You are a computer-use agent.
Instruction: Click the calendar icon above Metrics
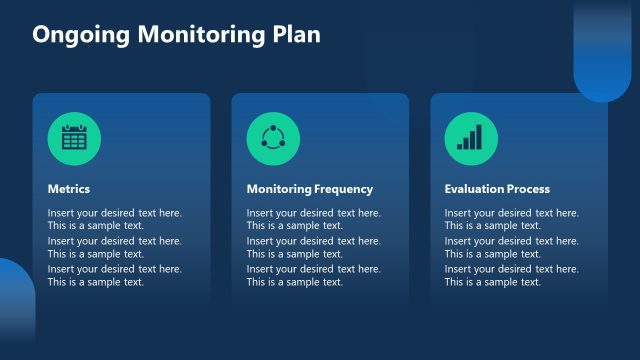[74, 138]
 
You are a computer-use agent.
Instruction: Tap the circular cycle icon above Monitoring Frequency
[273, 138]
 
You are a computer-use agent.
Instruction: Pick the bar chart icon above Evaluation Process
[470, 138]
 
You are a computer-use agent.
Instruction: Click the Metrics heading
[69, 189]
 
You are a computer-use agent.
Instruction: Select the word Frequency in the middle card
[344, 189]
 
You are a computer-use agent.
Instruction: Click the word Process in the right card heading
[530, 189]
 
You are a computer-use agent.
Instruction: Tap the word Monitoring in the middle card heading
[279, 189]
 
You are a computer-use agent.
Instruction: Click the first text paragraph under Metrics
[114, 219]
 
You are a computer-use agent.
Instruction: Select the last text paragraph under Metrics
[114, 275]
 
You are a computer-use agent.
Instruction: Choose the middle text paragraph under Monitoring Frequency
[313, 247]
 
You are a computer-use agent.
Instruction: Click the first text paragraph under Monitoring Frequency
[313, 219]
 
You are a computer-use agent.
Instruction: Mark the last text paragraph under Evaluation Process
[511, 275]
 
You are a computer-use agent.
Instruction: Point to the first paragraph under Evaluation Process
[511, 219]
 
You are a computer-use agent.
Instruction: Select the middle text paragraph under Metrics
[114, 247]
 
